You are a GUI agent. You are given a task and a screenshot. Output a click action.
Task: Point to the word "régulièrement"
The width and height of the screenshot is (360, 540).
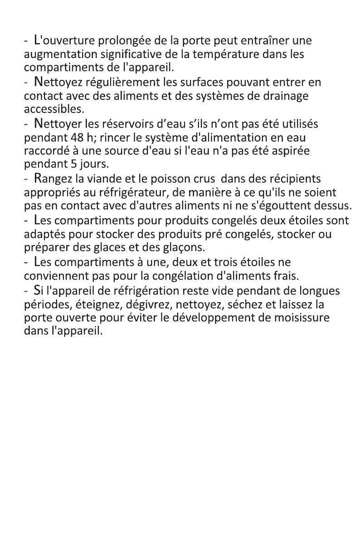[x=112, y=83]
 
